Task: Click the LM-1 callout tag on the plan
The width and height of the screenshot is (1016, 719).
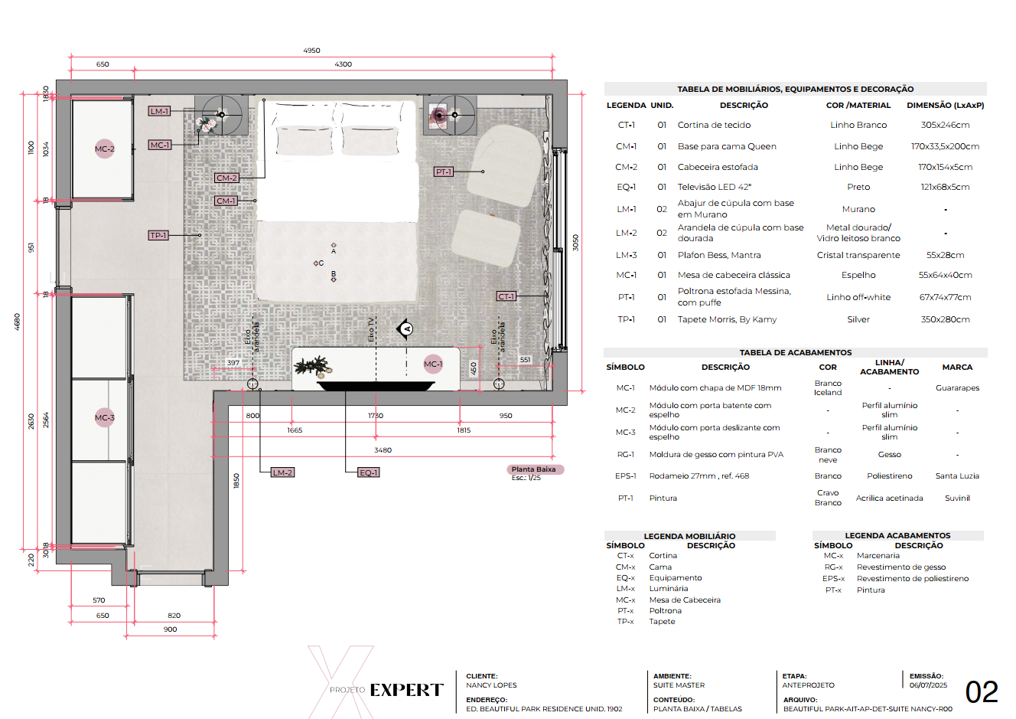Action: (159, 111)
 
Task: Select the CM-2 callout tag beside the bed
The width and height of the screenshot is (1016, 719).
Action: (226, 178)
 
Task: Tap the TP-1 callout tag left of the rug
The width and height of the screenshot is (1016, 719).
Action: (158, 235)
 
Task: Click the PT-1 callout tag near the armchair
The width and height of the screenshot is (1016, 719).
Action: (444, 172)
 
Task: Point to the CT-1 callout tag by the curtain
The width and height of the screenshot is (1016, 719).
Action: (506, 296)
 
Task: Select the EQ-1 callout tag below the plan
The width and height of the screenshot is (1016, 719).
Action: (369, 472)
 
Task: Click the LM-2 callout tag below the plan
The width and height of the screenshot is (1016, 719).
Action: (282, 472)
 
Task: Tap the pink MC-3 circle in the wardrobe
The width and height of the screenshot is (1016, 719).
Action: (105, 417)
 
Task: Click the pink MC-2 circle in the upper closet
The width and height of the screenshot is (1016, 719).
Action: (105, 149)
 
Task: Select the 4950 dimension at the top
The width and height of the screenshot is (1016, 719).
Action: (311, 51)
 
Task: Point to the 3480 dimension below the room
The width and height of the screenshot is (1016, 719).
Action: (383, 450)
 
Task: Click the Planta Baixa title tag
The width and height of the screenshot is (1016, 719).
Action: (534, 469)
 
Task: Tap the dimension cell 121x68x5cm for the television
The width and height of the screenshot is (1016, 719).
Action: (945, 187)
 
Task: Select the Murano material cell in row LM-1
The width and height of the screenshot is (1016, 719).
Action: (858, 209)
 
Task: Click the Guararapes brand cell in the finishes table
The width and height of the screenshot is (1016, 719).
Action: (957, 388)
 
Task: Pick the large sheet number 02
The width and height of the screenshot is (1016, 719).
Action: (982, 692)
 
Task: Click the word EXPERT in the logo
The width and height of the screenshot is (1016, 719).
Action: (406, 691)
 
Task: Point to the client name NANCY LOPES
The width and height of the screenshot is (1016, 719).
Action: (491, 685)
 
